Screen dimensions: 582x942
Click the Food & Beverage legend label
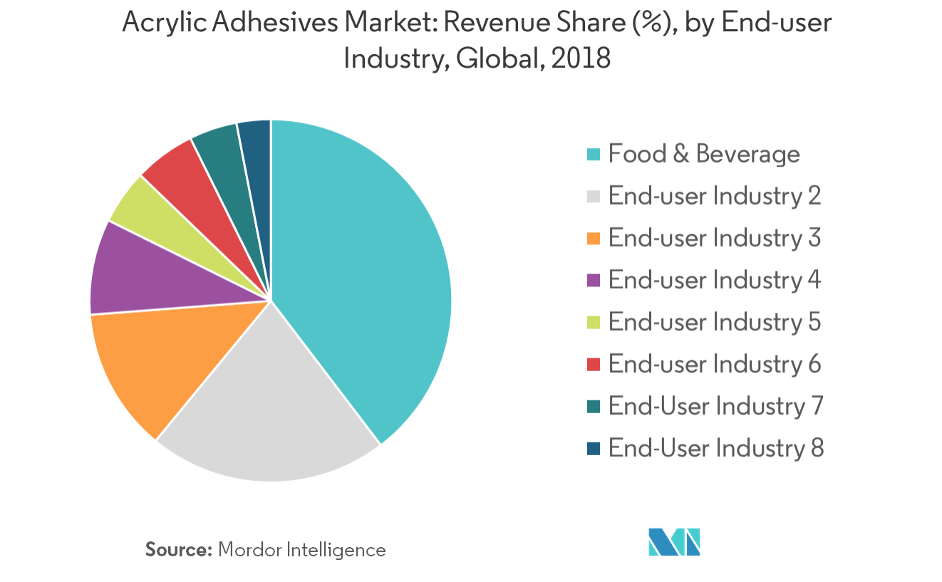point(704,154)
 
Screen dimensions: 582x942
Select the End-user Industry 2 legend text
point(715,196)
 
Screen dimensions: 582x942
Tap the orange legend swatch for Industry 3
point(594,238)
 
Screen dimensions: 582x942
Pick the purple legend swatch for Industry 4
point(594,280)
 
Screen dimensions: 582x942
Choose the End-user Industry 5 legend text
point(715,322)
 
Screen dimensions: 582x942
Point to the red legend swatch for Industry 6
point(594,364)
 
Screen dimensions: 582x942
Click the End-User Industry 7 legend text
point(715,406)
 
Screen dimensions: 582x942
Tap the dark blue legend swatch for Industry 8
point(594,448)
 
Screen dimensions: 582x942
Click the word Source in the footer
point(179,550)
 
